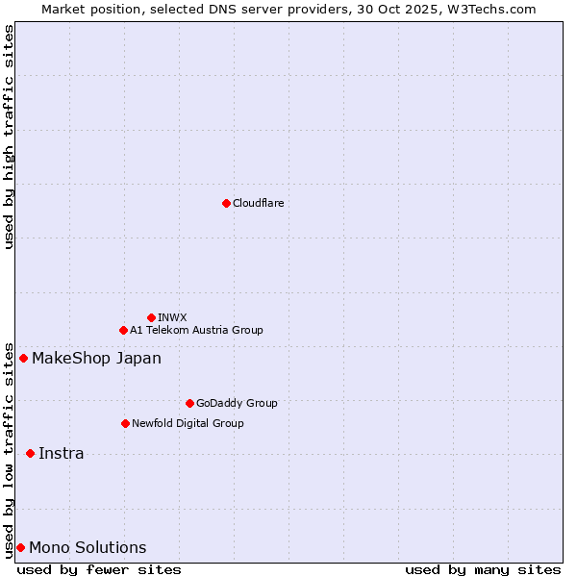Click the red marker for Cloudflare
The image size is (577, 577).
point(226,203)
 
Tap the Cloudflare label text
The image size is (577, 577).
point(258,203)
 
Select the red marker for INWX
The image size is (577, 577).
point(151,317)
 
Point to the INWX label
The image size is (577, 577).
point(172,317)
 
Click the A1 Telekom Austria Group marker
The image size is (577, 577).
point(123,330)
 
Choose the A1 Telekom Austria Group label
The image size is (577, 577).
point(196,330)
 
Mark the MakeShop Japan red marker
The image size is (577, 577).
point(23,358)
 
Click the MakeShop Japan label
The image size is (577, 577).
point(96,358)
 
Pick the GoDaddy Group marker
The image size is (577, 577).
point(189,403)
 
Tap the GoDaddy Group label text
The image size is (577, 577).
point(237,403)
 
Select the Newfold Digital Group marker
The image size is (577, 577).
point(125,423)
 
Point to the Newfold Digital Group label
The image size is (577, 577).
point(188,423)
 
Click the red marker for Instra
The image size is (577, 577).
point(30,453)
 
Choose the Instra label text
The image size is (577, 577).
point(61,454)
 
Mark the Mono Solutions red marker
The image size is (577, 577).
point(20,547)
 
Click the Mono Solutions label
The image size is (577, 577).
point(88,548)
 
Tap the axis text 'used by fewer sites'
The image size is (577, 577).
point(99,569)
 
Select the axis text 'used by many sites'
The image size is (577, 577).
point(483,569)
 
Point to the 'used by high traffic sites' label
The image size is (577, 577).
point(9,137)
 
